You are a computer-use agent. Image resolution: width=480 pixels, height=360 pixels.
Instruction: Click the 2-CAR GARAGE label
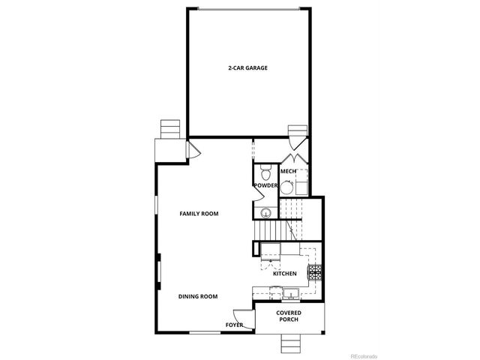(248, 67)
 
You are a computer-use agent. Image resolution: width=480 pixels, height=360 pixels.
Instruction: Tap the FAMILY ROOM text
(199, 214)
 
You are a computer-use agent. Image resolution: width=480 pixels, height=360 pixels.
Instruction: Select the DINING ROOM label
(198, 296)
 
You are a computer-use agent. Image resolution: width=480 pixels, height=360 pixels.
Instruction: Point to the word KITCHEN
(284, 274)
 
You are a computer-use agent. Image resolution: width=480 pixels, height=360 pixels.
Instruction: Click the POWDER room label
(265, 185)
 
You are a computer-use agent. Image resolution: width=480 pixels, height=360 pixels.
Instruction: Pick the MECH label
(287, 171)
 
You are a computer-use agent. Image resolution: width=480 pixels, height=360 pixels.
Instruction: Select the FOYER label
(234, 325)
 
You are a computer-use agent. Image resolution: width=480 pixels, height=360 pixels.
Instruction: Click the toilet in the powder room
(264, 169)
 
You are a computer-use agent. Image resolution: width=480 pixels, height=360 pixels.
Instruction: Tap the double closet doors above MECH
(292, 159)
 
